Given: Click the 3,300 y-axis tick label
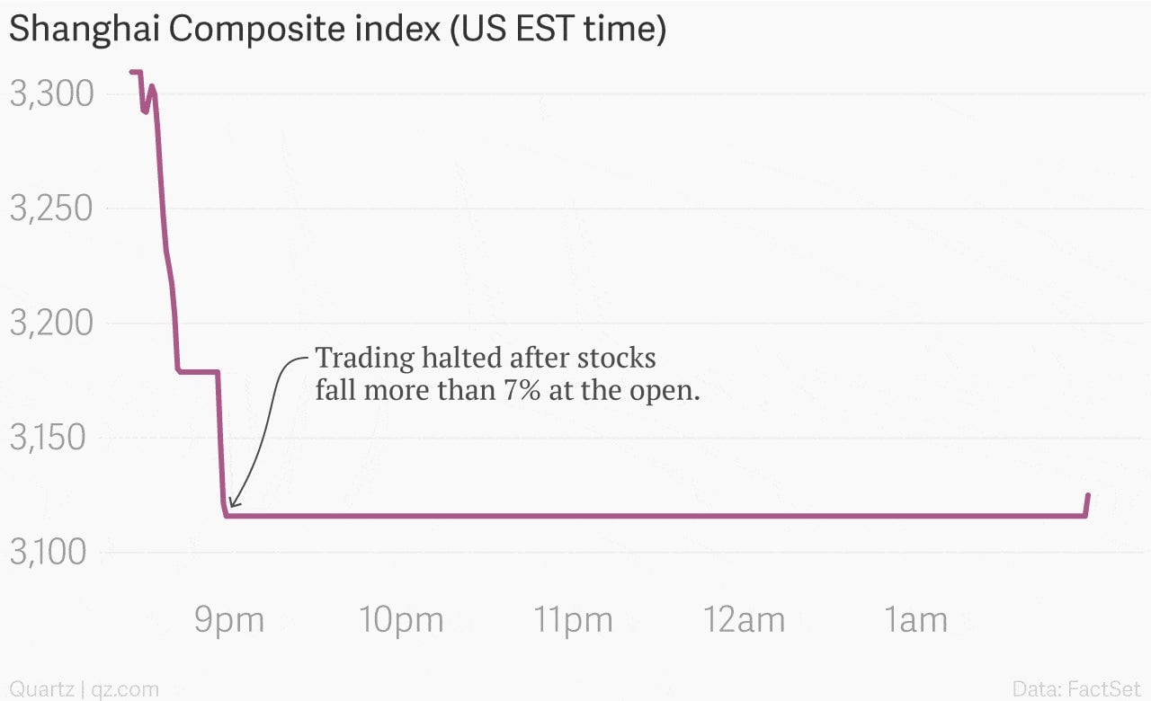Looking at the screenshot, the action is (51, 93).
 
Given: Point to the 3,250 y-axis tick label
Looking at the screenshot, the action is (51, 208).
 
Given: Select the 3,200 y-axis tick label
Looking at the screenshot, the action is (51, 323).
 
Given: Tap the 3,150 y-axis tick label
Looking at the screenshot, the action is (48, 437).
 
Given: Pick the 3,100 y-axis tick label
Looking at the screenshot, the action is (48, 552).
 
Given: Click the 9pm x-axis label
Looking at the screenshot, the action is (229, 621).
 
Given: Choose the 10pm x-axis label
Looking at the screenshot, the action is (401, 621).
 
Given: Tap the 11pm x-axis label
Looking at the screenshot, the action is (574, 621).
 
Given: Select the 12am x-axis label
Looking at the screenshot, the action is (744, 620).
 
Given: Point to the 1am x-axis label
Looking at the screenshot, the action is (915, 620).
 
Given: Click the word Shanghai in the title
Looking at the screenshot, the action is (85, 30).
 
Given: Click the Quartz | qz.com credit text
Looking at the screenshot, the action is (85, 689).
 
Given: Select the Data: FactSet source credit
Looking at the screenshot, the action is (1076, 688).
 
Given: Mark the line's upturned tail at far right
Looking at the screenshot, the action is (1087, 504).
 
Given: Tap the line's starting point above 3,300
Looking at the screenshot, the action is (131, 72).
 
